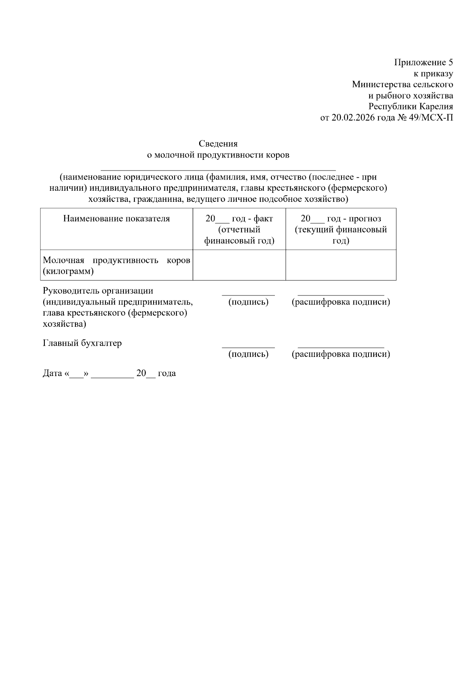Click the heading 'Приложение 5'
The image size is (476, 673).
pyautogui.click(x=423, y=62)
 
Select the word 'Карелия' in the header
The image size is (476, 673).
pyautogui.click(x=436, y=107)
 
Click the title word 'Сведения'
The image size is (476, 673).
pyautogui.click(x=218, y=144)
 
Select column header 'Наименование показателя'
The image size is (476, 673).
pyautogui.click(x=117, y=219)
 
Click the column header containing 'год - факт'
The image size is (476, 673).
pyautogui.click(x=239, y=219)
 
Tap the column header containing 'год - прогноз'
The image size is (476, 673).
pyautogui.click(x=341, y=219)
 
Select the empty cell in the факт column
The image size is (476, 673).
pyautogui.click(x=239, y=265)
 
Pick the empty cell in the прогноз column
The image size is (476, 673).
pyautogui.click(x=341, y=265)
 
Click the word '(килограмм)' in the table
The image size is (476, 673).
pyautogui.click(x=68, y=272)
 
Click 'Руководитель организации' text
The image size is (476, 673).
pyautogui.click(x=98, y=291)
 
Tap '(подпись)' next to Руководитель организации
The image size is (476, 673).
pyautogui.click(x=248, y=302)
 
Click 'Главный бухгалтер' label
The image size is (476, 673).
pyautogui.click(x=82, y=343)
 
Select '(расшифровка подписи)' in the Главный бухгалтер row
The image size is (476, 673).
pyautogui.click(x=341, y=354)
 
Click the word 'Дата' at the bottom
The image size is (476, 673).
pyautogui.click(x=52, y=373)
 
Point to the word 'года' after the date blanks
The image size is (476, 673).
pyautogui.click(x=167, y=373)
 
